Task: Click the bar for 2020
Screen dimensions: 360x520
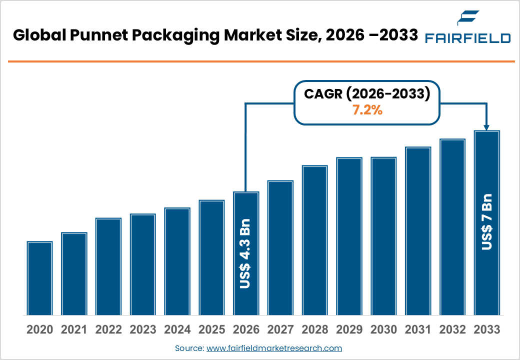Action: [x=40, y=278]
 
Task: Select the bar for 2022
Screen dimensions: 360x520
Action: [x=108, y=266]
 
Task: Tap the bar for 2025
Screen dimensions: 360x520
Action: [x=211, y=257]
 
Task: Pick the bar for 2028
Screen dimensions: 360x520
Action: [x=314, y=240]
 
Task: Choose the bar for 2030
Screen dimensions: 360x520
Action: [x=383, y=235]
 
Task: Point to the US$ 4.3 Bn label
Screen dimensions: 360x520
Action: [x=245, y=253]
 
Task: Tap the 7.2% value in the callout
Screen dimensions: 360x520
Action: [x=367, y=111]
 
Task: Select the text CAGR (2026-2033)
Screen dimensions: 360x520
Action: [x=367, y=93]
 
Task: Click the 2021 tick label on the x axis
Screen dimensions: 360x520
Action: [x=74, y=330]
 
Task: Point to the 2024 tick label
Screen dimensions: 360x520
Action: [x=177, y=330]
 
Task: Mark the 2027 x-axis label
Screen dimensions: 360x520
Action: [x=280, y=330]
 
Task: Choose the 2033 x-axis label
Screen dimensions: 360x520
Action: [x=486, y=330]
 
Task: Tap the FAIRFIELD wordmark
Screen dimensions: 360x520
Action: [x=467, y=38]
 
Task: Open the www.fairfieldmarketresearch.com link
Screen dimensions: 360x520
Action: [x=274, y=348]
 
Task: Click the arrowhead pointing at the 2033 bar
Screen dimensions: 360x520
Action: [x=487, y=127]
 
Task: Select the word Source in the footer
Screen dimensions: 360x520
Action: [x=189, y=348]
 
